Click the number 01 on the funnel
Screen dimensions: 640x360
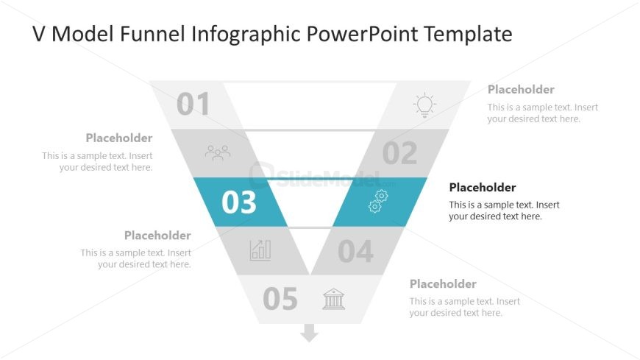coord(193,105)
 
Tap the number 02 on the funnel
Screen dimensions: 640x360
coord(400,153)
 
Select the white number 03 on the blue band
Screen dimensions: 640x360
coord(239,202)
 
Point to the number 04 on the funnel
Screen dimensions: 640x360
coord(355,251)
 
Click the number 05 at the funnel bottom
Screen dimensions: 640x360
coord(280,299)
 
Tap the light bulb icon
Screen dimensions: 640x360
coord(424,105)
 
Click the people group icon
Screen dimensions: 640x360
coord(218,153)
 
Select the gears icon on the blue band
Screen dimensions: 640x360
coord(378,202)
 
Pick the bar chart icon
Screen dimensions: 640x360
coord(260,250)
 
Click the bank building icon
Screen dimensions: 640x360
coord(334,299)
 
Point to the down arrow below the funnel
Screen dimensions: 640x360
coord(309,333)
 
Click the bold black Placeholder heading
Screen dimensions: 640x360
coord(483,188)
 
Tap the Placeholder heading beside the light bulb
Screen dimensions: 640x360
coord(521,90)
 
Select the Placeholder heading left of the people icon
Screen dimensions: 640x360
coord(119,138)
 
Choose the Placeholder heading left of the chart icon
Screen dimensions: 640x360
coord(157,236)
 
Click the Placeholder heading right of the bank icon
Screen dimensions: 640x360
coord(443,284)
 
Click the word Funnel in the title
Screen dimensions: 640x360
coord(153,34)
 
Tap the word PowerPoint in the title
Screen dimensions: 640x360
coord(362,34)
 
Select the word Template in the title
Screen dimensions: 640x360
coord(468,35)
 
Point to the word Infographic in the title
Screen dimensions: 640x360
coord(246,35)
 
